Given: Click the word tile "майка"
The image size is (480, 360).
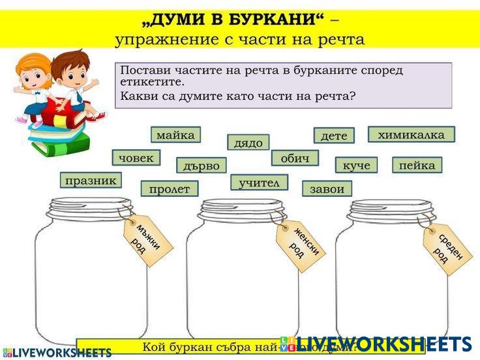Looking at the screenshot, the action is (x=175, y=135).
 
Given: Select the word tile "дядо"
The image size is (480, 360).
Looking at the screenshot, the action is (x=248, y=142).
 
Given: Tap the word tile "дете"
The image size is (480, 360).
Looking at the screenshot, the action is (x=334, y=136).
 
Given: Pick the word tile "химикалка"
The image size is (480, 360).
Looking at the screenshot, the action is (x=411, y=134).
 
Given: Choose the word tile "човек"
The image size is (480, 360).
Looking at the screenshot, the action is (x=136, y=158).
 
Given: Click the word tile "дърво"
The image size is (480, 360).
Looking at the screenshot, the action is (x=202, y=166).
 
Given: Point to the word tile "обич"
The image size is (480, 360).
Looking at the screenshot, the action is (x=295, y=158).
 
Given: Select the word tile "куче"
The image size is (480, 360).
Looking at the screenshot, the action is (x=356, y=165).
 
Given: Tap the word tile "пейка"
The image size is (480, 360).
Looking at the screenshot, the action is (x=417, y=165).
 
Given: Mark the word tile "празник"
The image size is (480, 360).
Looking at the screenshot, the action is (x=91, y=180).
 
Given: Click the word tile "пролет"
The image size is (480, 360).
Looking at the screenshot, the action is (x=169, y=189).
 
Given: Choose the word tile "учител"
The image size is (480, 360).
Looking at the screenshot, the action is (x=259, y=183).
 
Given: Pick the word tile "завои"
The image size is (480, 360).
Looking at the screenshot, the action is (x=327, y=189).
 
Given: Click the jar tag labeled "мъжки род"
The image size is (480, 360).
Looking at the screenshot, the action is (x=145, y=240).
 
